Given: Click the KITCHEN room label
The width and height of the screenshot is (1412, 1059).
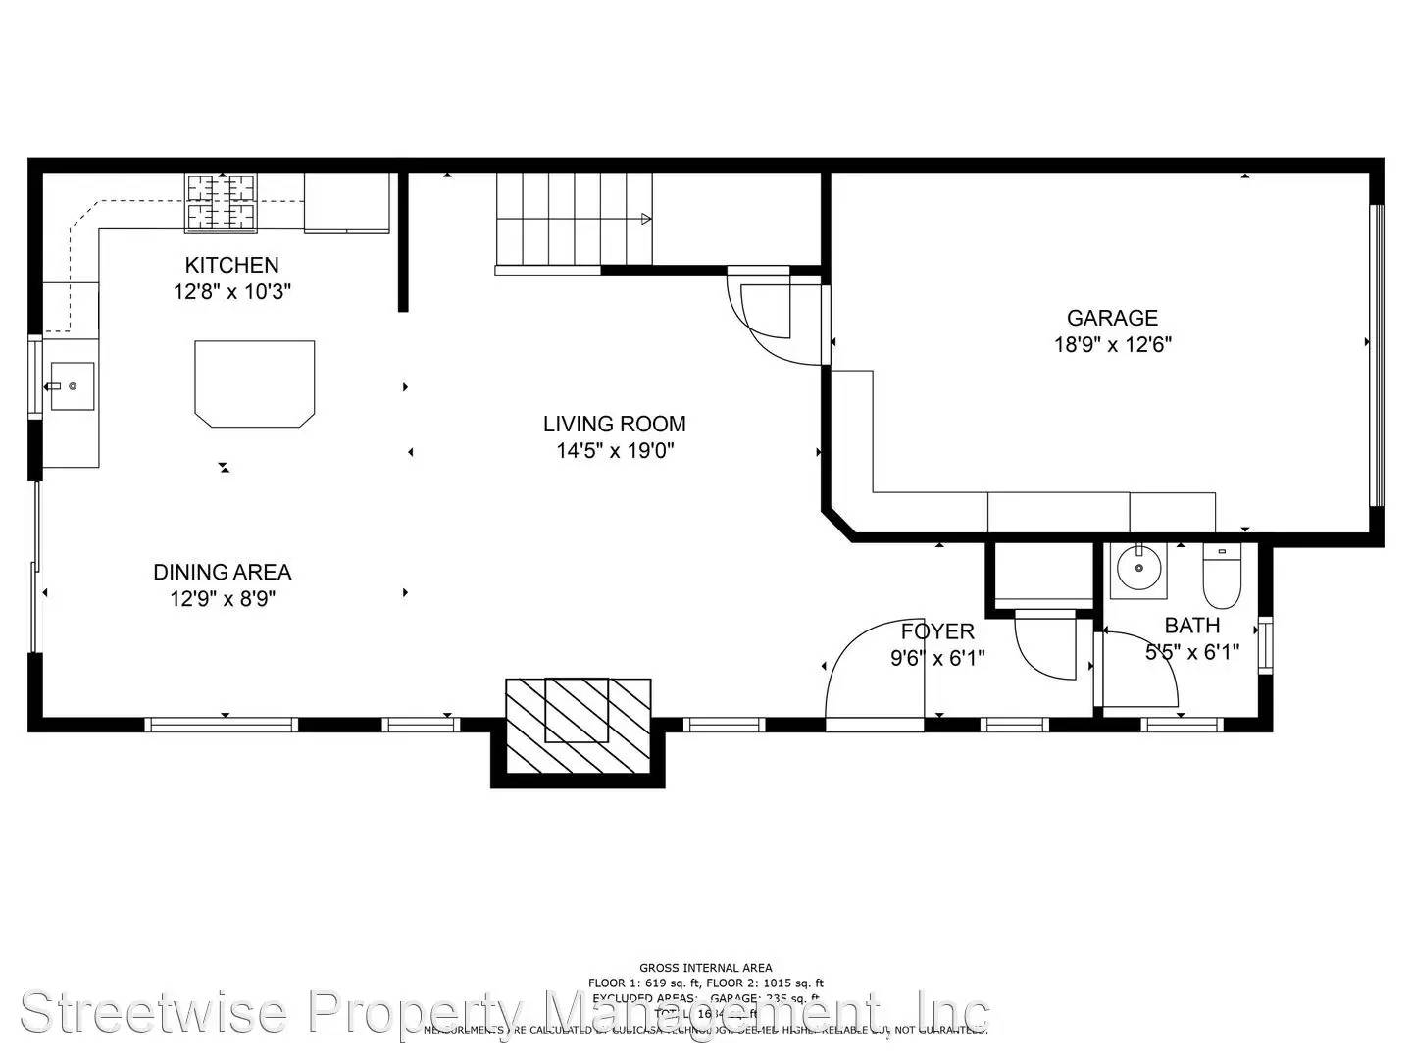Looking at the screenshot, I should point(231,265).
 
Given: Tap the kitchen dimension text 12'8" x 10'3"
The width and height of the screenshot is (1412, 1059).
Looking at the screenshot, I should point(231,292).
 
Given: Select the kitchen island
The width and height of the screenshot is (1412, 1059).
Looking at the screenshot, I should point(255,383).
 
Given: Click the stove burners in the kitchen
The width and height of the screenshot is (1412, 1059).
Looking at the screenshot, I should point(221,203).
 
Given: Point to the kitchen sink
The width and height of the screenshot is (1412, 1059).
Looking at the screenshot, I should point(72,386).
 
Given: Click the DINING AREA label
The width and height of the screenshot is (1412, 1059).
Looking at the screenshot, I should point(222,572).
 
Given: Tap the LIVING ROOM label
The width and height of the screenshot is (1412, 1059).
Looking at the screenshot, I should point(614,424).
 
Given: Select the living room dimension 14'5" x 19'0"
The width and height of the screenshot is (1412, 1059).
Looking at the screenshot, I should point(614,451).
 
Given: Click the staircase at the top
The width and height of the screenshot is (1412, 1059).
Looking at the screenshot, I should point(574,219).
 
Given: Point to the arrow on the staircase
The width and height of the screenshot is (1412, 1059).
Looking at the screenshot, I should point(645,219).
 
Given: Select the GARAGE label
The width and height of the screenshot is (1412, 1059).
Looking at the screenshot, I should point(1112,318).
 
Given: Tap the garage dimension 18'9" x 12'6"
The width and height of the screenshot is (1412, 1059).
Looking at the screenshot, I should point(1112,345).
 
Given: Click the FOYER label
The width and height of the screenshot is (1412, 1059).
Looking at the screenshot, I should point(937,631).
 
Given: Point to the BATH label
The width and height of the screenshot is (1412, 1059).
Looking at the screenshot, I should point(1192,626).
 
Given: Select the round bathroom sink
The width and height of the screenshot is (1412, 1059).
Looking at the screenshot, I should point(1139,568).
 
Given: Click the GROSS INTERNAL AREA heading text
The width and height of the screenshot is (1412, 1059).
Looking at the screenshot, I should point(705,968).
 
